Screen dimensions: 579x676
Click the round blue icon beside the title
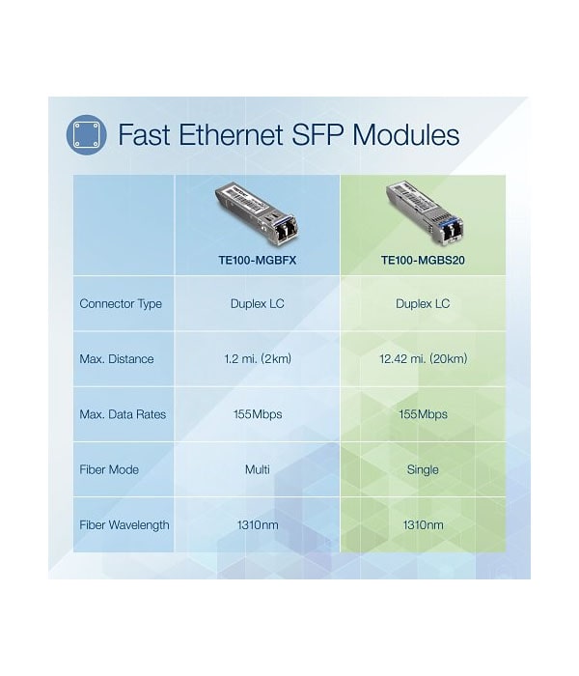coord(86,134)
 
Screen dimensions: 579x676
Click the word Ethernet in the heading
coord(231,134)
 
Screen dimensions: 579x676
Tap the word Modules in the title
coord(406,134)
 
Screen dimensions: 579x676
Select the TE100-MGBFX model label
coord(258,260)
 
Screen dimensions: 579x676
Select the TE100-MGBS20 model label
coord(423,260)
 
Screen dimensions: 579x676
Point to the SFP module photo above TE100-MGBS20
coord(425,211)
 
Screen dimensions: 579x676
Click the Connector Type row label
coord(121,304)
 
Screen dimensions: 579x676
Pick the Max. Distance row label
coord(117,359)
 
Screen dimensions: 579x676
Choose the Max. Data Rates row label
coord(123,414)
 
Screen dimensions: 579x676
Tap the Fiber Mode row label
coord(109,469)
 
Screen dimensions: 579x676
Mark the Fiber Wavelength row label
coord(124,525)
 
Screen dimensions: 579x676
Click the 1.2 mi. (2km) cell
coord(258,358)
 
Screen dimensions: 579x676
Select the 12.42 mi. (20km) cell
coord(423,358)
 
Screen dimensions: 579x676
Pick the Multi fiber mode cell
coord(258,469)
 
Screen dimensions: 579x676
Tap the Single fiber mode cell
coord(423,469)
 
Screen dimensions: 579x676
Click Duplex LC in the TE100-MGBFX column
coord(258,304)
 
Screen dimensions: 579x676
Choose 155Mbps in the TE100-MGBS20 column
coord(423,414)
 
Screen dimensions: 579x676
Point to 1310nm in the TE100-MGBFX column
coord(258,525)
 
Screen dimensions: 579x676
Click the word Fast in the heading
coord(144,134)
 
